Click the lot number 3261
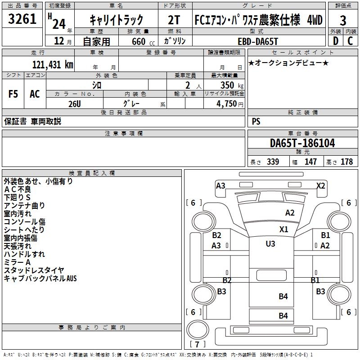[x=22, y=19]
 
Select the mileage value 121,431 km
[x=53, y=64]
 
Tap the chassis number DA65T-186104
[x=302, y=143]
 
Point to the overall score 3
[x=343, y=20]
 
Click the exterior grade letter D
[x=336, y=41]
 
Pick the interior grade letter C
[x=350, y=41]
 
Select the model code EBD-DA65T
[x=258, y=41]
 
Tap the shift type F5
[x=13, y=94]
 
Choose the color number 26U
[x=75, y=104]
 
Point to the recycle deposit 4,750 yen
[x=230, y=104]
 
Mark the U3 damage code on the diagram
[x=270, y=243]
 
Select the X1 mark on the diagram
[x=284, y=229]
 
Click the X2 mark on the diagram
[x=320, y=185]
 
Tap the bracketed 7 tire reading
[x=197, y=344]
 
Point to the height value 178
[x=346, y=162]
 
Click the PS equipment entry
[x=256, y=121]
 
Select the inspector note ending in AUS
[x=40, y=278]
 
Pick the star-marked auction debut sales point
[x=288, y=63]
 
